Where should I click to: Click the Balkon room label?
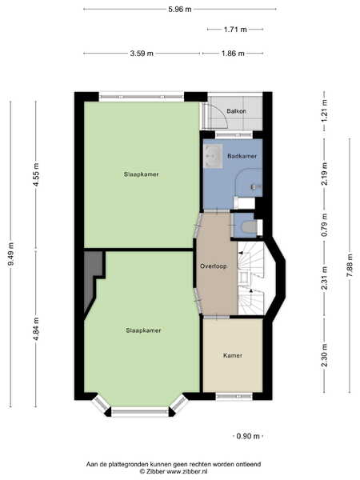(236, 111)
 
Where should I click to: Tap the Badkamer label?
(242, 156)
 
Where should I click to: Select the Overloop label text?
(214, 266)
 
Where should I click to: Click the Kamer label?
(233, 355)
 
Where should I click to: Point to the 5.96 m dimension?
(180, 9)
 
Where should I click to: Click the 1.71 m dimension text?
(235, 30)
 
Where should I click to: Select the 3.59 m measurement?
(142, 54)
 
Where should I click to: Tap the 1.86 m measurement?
(233, 54)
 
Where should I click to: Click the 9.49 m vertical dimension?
(11, 254)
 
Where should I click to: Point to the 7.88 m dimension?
(350, 266)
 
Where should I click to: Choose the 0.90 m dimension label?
(248, 436)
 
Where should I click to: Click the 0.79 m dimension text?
(325, 225)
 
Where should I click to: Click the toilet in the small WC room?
(249, 227)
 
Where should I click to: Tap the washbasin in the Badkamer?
(213, 156)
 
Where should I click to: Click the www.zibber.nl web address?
(186, 471)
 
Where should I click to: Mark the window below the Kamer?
(234, 397)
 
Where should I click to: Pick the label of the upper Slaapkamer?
(141, 174)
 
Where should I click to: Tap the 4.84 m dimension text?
(36, 329)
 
